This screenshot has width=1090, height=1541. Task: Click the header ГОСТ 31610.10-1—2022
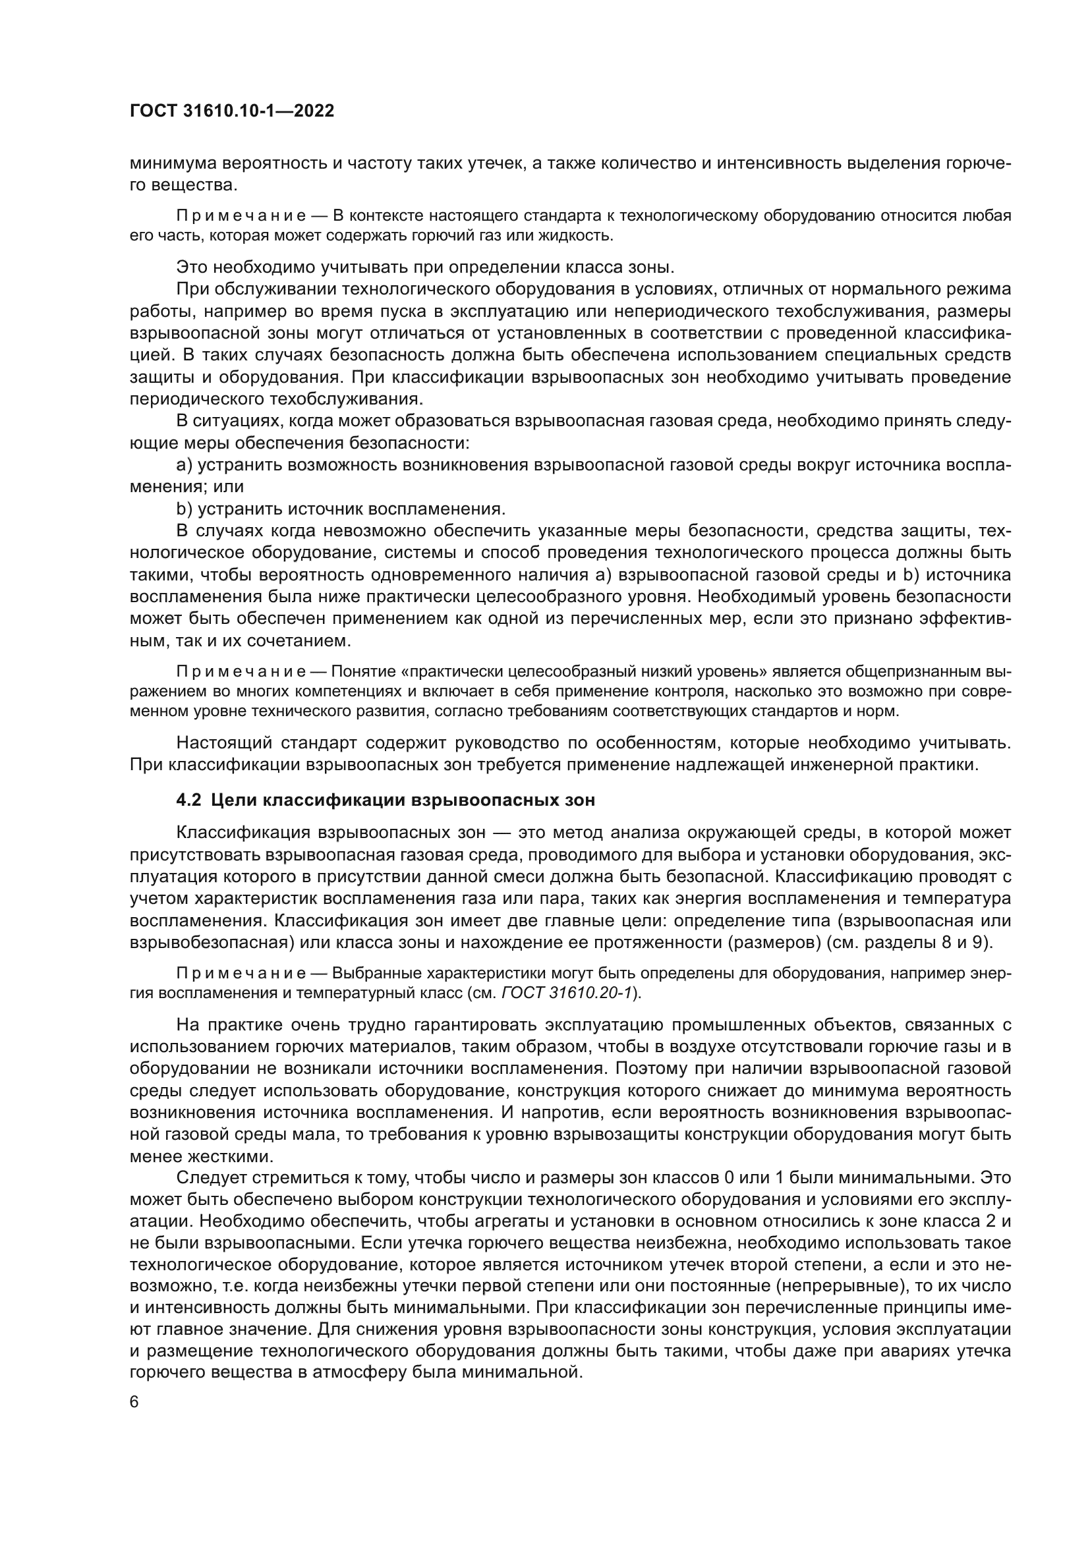231,111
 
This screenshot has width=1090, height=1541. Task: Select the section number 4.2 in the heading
188,800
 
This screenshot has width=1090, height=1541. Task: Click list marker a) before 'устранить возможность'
185,464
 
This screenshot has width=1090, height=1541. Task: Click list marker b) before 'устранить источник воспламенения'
185,508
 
